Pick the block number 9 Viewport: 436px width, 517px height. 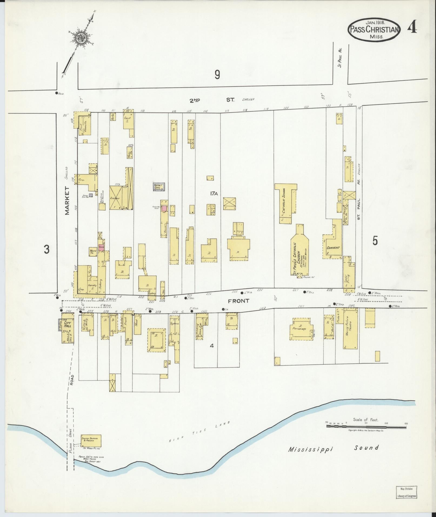click(x=217, y=75)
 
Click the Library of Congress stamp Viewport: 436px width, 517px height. click(x=406, y=492)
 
